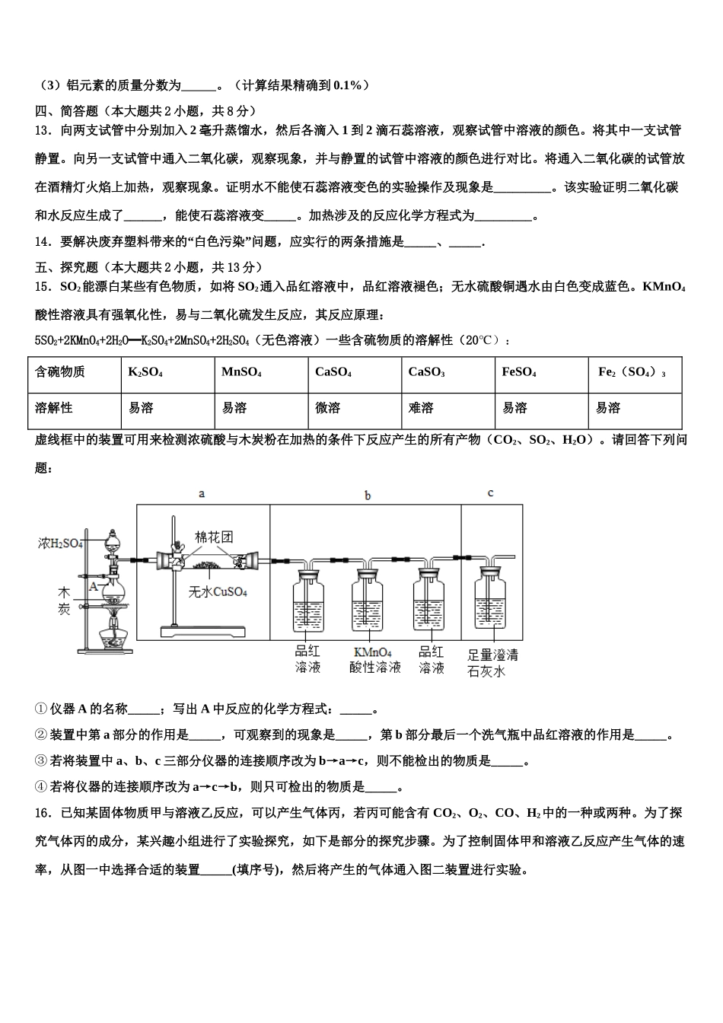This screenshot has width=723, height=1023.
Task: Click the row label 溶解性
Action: click(x=54, y=409)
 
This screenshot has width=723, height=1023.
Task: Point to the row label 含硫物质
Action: click(x=60, y=372)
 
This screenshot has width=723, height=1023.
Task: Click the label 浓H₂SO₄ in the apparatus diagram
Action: click(x=60, y=543)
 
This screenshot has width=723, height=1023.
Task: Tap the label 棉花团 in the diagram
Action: click(x=214, y=537)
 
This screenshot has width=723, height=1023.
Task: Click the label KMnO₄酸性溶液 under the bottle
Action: click(x=374, y=659)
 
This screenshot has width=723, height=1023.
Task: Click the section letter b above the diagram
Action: click(x=368, y=496)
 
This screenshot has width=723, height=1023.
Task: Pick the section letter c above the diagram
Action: click(x=490, y=493)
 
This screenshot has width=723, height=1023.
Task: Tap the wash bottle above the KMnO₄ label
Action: click(x=371, y=601)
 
